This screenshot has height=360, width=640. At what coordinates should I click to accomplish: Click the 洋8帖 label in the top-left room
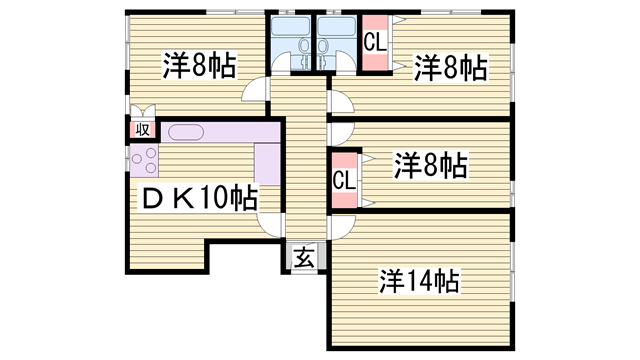(x=200, y=67)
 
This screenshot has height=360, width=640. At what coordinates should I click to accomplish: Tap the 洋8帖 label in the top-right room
(x=451, y=67)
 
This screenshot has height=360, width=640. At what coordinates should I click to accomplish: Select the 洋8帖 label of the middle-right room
(x=429, y=163)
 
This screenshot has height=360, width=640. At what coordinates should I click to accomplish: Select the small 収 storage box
(x=142, y=129)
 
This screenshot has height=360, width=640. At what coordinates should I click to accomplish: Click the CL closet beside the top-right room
(x=375, y=45)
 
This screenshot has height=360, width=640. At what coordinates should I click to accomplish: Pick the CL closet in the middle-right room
(x=343, y=180)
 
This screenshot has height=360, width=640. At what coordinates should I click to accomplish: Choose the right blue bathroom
(x=337, y=43)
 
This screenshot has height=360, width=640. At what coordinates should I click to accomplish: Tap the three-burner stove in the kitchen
(x=140, y=161)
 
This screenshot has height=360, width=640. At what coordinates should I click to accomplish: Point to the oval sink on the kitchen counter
(x=186, y=131)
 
